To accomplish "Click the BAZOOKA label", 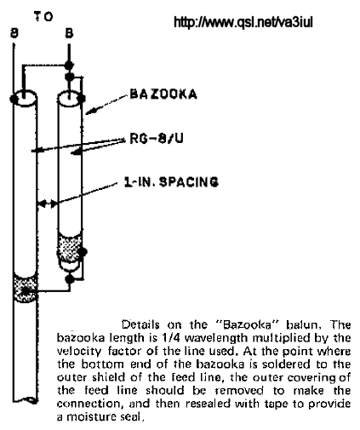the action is tap(163, 94).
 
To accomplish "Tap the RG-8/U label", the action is tap(157, 139).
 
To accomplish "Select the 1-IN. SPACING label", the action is tap(172, 181).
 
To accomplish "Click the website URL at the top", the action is tap(243, 22).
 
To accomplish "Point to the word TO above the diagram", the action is tap(43, 17).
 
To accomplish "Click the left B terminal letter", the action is tap(14, 33).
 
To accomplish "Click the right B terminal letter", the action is tap(69, 33).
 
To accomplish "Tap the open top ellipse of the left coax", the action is tap(25, 97).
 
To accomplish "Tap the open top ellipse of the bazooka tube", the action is tap(70, 98).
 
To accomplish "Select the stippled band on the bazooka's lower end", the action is tap(70, 246).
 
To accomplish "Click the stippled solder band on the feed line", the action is tap(26, 289).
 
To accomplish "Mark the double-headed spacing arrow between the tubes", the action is tap(47, 204).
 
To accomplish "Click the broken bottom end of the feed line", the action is tap(25, 400).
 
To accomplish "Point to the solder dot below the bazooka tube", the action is tap(70, 279).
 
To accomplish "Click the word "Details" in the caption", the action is tap(140, 324).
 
